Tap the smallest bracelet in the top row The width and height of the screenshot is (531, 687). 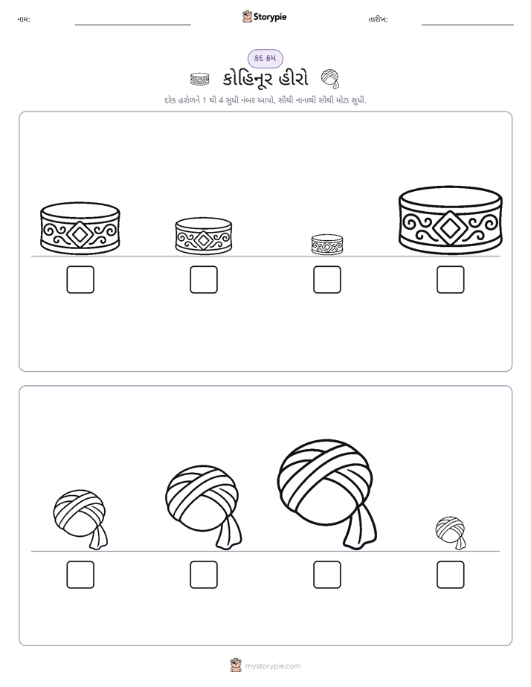coord(326,245)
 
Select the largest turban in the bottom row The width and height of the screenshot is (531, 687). coord(326,494)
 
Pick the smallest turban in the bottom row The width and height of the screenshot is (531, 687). coord(451,532)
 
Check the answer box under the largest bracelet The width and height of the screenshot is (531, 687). coord(451,280)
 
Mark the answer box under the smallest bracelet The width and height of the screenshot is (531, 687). coord(326,280)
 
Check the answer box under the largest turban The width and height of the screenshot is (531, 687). coord(326,575)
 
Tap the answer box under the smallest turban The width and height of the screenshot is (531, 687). coord(451,575)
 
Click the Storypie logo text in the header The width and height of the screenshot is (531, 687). coord(270,17)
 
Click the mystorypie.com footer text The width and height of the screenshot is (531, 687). coord(272,666)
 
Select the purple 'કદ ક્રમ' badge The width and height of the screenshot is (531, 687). coord(265,58)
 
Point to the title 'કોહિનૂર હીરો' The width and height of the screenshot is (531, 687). coord(265,80)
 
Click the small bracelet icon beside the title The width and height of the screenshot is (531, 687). coord(200,80)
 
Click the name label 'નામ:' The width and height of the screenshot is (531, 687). coord(24,19)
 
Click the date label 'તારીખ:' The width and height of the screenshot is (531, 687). coord(378,19)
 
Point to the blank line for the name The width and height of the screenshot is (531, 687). coord(132,25)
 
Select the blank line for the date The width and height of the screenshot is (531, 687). coord(468,25)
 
